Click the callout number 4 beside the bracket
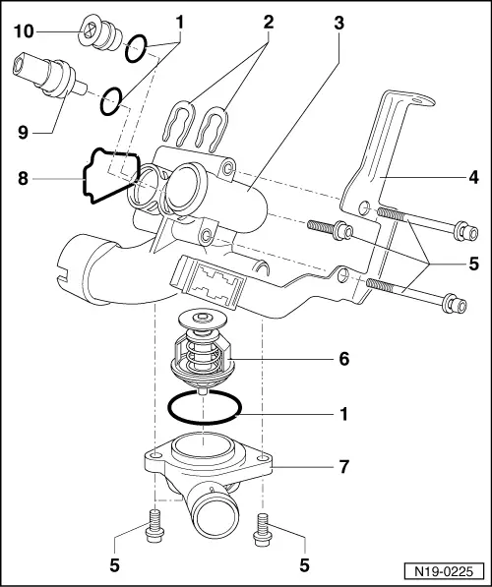click(x=473, y=179)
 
